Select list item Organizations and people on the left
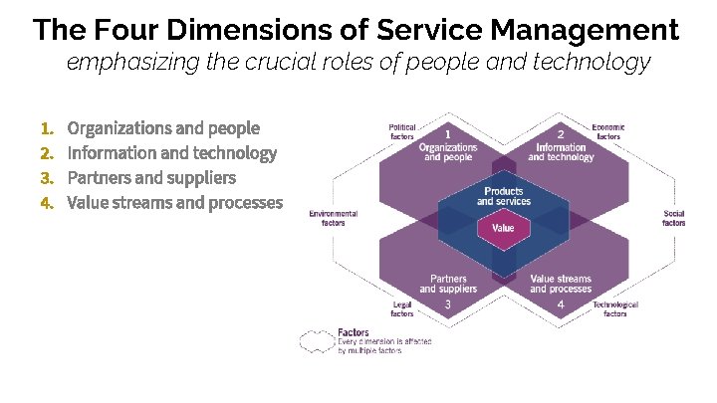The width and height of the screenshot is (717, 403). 163,128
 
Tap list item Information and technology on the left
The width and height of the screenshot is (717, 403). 171,153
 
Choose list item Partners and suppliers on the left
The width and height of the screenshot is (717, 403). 151,178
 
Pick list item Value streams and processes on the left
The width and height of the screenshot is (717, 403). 174,203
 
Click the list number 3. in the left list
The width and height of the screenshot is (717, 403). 46,178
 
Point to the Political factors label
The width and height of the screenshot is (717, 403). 402,132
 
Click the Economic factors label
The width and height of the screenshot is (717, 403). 607,132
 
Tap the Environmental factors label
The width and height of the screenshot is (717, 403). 333,218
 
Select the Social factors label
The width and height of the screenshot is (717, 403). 673,218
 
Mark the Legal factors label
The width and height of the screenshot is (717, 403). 401,308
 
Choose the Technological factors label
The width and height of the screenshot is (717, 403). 614,308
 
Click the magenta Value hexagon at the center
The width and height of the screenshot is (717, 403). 503,228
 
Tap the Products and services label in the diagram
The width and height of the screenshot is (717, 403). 503,196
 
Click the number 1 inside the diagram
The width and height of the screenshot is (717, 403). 448,134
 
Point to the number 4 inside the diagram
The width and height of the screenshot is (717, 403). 561,303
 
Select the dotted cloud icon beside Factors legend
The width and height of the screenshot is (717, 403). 316,341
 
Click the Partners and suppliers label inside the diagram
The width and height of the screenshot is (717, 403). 448,284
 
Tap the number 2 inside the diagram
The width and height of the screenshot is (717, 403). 561,134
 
